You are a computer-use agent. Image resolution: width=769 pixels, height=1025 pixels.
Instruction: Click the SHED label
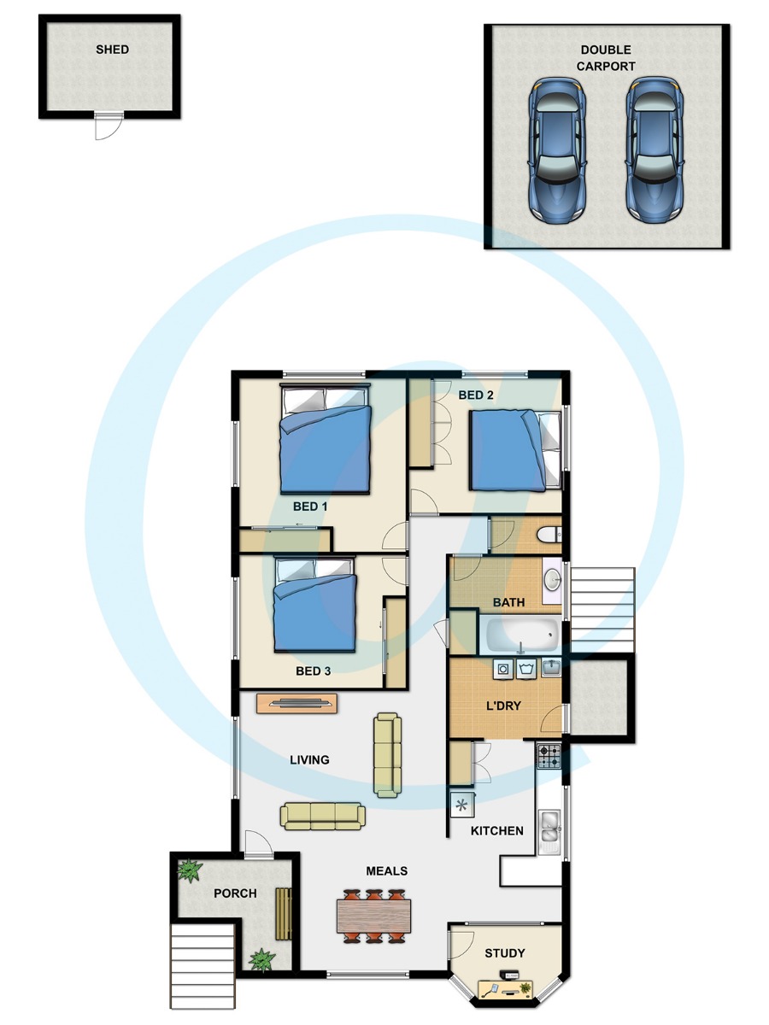point(112,50)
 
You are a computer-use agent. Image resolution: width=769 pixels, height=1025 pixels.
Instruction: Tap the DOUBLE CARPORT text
point(606,58)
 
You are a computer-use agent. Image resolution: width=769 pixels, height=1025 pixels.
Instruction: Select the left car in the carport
point(557,149)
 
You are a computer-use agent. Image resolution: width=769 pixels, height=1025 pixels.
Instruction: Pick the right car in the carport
point(655,149)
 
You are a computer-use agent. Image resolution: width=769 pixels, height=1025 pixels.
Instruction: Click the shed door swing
point(109,126)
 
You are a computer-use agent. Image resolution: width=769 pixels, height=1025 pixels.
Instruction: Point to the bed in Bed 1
point(326,438)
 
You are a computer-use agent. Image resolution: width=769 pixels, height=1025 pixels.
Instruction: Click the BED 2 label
point(476,395)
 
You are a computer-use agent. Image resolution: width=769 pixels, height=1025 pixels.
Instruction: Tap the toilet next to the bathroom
point(549,535)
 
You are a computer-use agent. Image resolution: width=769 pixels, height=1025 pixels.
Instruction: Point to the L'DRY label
point(503,706)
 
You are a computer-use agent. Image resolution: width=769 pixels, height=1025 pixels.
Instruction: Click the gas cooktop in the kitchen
point(549,756)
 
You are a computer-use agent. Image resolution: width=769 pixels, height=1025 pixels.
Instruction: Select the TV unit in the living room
point(296,703)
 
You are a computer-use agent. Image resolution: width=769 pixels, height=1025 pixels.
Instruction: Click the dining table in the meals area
point(373,917)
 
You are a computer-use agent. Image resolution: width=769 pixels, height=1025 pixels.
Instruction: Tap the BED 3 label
point(314,671)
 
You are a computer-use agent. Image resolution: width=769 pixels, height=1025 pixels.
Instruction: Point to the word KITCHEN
point(496,831)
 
